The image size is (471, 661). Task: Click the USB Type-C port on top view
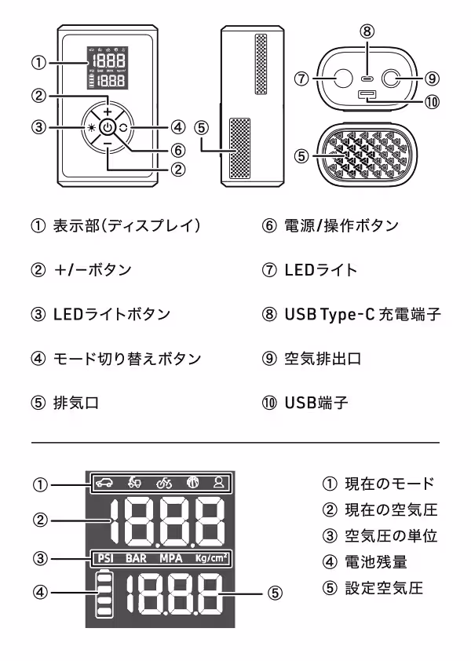click(x=367, y=79)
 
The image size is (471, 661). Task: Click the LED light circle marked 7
click(x=341, y=79)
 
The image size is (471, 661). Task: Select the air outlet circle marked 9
click(x=392, y=79)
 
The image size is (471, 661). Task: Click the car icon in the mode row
click(x=104, y=484)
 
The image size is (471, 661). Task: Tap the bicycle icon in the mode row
click(x=163, y=484)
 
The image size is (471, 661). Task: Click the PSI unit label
click(x=106, y=559)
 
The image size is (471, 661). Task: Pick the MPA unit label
click(x=172, y=559)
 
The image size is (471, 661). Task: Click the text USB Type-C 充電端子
click(x=362, y=314)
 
